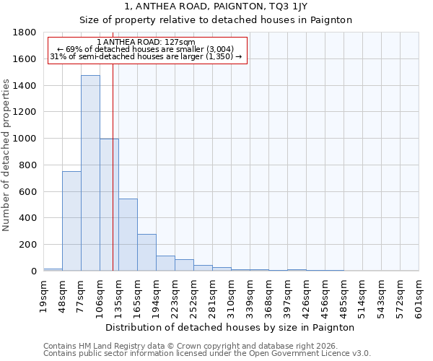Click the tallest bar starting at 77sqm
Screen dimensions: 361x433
tap(90, 173)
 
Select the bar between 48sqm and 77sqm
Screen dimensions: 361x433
tap(71, 221)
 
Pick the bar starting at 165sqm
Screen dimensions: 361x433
tap(146, 253)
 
